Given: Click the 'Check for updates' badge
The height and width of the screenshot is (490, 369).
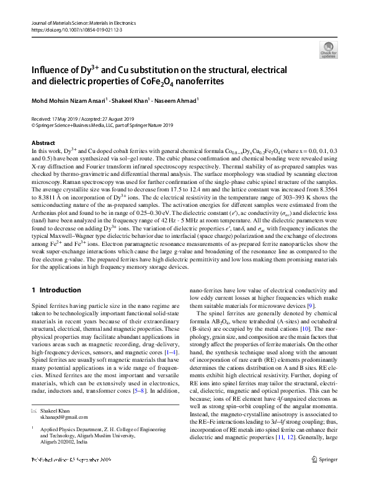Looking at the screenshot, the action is (x=328, y=50).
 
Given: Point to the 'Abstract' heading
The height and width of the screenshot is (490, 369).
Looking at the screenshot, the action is (x=43, y=143).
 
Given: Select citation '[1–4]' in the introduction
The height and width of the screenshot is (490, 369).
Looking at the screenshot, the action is (x=167, y=352).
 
